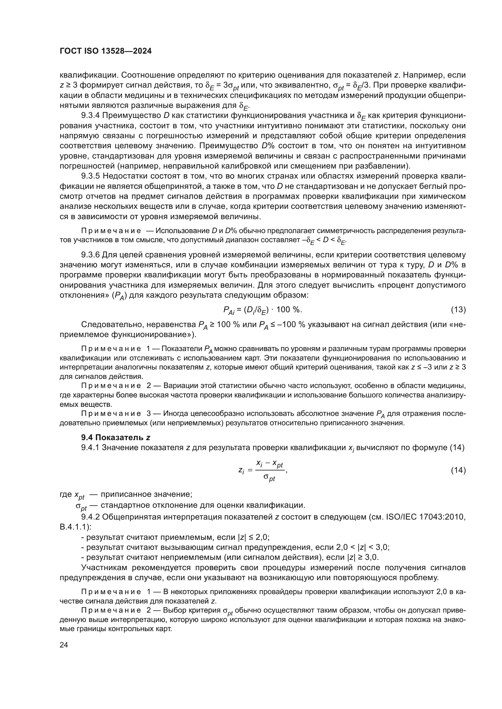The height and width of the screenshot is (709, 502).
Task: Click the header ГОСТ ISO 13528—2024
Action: click(105, 51)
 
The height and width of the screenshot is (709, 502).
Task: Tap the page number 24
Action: click(64, 645)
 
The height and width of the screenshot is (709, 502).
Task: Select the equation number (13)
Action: click(458, 310)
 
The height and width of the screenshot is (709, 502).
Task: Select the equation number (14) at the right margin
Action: click(458, 470)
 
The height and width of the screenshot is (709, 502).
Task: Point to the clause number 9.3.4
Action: click(90, 115)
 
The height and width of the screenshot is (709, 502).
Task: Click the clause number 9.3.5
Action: click(90, 176)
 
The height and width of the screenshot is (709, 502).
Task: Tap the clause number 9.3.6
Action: click(90, 255)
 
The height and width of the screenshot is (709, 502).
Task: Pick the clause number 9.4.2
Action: click(90, 517)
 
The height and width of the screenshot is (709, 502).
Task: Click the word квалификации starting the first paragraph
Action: click(88, 75)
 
